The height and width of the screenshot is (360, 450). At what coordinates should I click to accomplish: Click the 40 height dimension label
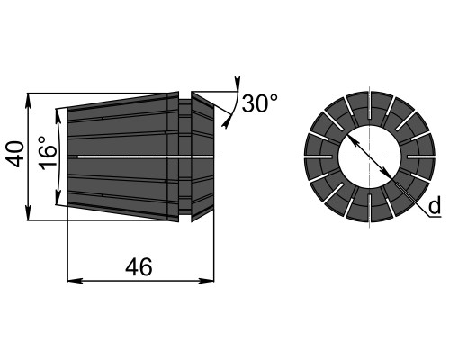click(15, 154)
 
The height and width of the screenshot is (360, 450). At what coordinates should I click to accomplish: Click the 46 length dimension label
click(139, 266)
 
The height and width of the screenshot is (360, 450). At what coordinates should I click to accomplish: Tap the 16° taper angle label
click(48, 153)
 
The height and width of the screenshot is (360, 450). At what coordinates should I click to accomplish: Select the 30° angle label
click(260, 103)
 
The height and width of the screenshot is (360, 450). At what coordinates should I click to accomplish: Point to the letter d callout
click(434, 206)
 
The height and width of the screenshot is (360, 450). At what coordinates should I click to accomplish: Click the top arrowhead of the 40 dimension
click(29, 101)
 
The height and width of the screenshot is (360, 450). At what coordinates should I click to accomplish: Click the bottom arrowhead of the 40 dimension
click(29, 214)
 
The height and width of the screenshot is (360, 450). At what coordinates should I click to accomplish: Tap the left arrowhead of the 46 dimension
click(75, 281)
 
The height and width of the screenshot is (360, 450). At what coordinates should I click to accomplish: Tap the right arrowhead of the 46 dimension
click(207, 281)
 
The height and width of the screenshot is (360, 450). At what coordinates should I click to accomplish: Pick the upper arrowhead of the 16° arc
click(58, 116)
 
